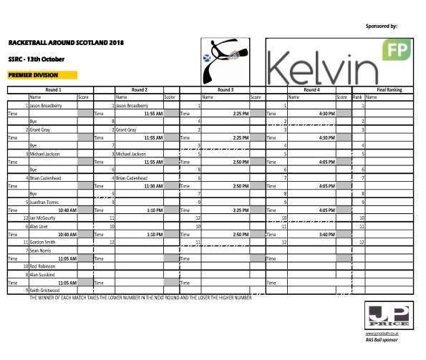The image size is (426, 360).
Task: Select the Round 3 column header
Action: (225, 90)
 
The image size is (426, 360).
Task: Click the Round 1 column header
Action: (53, 90)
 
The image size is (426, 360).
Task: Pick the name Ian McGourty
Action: (42, 217)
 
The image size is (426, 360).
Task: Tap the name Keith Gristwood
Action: (44, 290)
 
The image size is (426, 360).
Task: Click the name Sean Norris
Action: (40, 253)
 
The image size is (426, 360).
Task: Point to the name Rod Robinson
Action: (42, 266)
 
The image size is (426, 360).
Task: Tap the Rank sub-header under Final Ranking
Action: (357, 97)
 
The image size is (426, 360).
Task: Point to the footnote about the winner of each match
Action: (140, 297)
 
